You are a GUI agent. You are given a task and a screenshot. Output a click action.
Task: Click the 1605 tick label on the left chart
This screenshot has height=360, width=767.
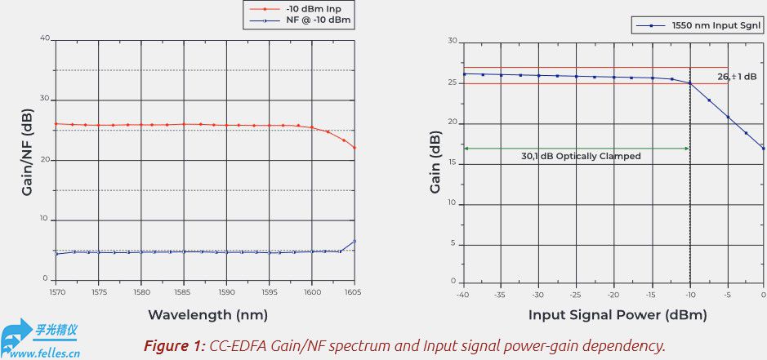point(353,291)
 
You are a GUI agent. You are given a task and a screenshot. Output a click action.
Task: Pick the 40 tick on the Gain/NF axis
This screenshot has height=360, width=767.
point(45,38)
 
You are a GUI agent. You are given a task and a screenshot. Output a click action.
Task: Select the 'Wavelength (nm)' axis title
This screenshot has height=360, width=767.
point(207,314)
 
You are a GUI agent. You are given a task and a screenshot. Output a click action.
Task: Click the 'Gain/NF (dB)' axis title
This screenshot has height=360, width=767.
point(27,158)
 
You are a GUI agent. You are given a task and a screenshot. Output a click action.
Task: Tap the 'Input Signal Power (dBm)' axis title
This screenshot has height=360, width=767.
point(618,314)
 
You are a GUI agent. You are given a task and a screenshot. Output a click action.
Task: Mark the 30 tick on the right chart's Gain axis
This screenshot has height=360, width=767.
point(452,41)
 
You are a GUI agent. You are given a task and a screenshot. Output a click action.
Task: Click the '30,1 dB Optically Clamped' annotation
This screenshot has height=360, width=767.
point(581,155)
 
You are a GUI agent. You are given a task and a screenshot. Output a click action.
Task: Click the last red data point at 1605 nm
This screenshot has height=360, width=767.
point(355,148)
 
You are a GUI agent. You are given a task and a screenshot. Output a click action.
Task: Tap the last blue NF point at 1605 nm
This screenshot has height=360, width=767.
point(355,241)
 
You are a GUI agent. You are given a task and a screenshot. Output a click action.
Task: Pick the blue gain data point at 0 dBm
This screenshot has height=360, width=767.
point(763,149)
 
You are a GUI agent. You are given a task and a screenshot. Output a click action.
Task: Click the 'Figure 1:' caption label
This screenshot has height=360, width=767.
point(174,346)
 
